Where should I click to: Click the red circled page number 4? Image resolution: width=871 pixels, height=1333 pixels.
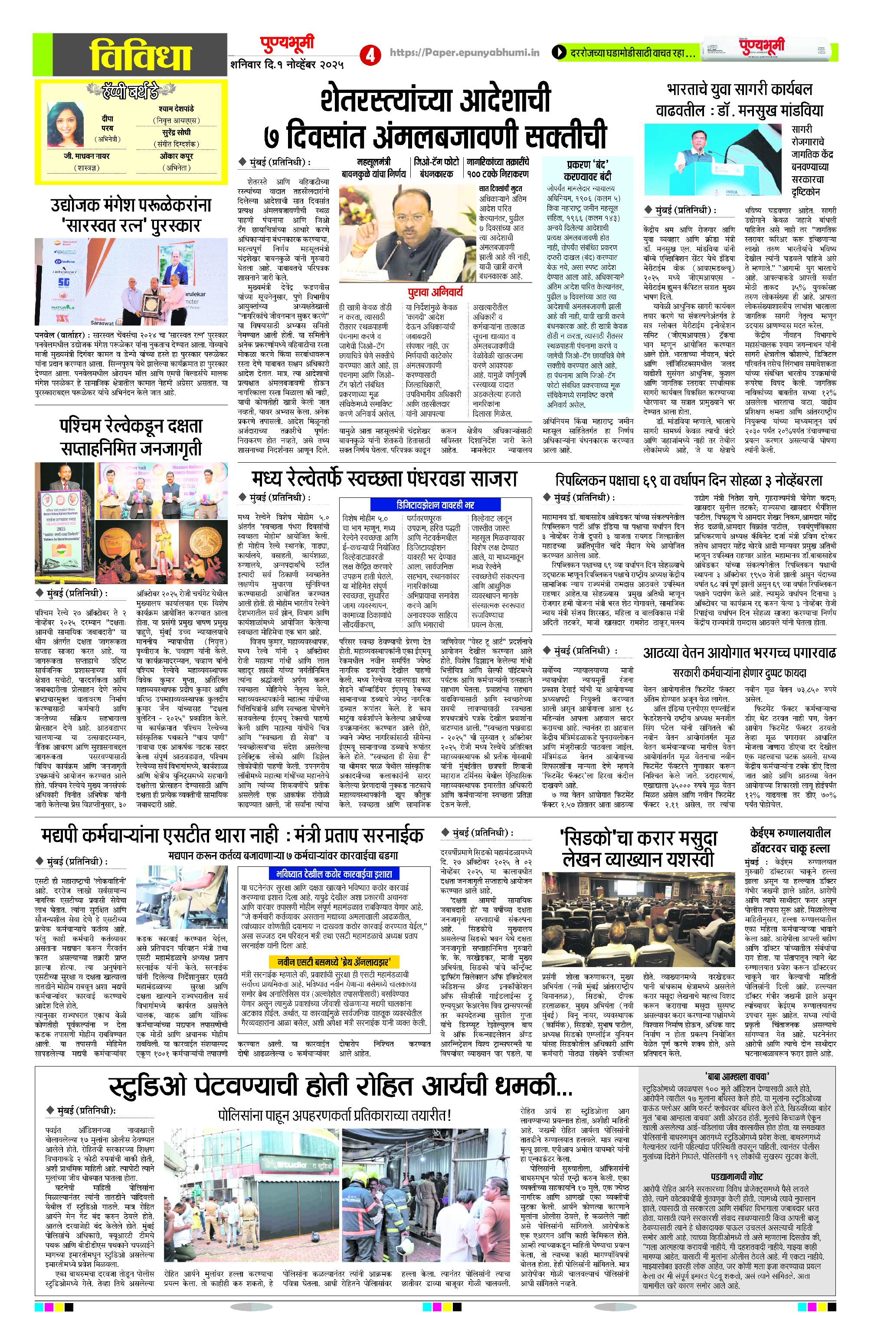(x=370, y=54)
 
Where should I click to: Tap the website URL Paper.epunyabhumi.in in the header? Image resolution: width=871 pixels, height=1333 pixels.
(x=465, y=53)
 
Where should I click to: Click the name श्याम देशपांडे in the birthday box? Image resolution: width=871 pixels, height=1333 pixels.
(x=176, y=108)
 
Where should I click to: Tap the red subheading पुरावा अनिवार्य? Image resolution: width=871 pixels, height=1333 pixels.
(x=435, y=291)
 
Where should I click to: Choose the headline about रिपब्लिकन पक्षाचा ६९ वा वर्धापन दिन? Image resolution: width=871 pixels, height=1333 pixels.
(x=688, y=480)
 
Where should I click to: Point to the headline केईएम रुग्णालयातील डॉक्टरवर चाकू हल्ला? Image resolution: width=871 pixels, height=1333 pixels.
(x=790, y=840)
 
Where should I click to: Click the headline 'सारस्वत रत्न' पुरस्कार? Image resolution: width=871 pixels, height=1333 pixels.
(x=131, y=225)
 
